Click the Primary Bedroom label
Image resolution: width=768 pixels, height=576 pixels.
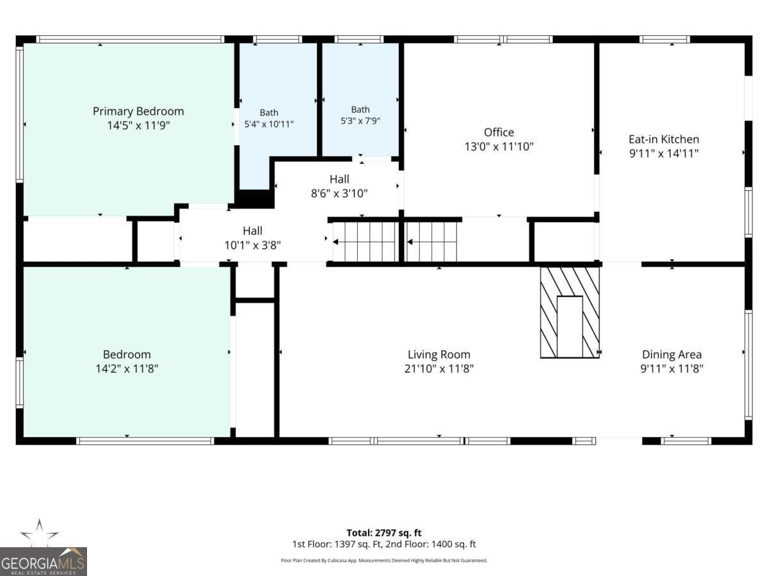138,111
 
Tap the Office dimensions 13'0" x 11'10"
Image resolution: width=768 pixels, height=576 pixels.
499,147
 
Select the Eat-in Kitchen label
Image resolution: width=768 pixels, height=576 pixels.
664,139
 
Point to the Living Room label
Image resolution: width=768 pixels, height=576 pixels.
439,355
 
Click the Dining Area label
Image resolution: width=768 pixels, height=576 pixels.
672,355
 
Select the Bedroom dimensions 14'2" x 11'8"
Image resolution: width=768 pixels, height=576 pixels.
127,369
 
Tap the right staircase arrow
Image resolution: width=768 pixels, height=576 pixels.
432,242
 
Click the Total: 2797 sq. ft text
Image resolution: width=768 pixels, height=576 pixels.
384,532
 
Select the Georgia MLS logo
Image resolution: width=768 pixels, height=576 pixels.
44,562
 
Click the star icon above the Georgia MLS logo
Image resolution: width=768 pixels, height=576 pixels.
40,532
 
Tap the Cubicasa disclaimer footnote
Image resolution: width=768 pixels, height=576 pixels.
384,561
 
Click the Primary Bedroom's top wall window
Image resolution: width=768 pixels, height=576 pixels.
130,39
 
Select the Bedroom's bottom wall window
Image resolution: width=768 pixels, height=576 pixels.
145,441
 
